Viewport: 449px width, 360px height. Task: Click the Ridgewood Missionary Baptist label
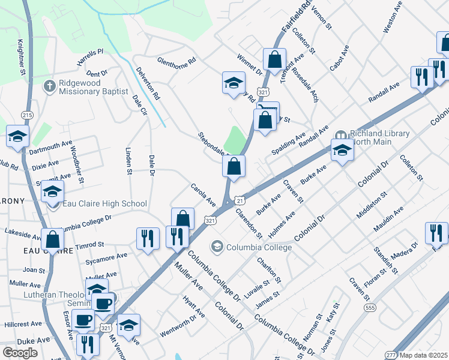[x=94, y=87]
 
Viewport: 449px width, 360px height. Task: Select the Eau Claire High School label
[x=104, y=204]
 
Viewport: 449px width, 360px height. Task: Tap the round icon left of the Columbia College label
[x=217, y=247]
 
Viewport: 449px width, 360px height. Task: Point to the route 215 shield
[x=26, y=115]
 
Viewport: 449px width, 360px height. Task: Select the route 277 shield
[x=391, y=355]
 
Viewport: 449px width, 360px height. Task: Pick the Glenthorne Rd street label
[x=176, y=61]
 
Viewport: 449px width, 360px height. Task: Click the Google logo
[x=20, y=353]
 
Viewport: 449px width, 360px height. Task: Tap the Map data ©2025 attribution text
[x=423, y=355]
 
